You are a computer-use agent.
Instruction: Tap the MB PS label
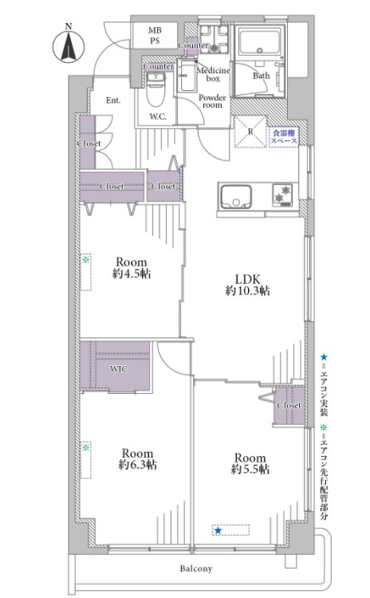[155, 35]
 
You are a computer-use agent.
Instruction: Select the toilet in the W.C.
[155, 91]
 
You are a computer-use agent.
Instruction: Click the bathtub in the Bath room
[260, 41]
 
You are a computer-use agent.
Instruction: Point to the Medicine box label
[213, 74]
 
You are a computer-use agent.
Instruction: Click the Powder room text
[212, 101]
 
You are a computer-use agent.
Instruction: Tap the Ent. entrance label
[113, 100]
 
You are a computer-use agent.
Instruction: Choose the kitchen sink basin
[236, 196]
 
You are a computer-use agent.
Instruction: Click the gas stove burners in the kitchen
[282, 194]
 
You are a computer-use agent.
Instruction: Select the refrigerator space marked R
[250, 132]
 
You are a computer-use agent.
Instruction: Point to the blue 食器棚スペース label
[284, 137]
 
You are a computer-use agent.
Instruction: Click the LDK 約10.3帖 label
[247, 285]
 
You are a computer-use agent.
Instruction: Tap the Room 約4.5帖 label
[132, 268]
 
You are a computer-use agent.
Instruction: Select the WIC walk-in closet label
[119, 369]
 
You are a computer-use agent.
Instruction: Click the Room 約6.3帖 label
[137, 458]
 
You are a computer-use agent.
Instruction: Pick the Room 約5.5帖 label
[250, 463]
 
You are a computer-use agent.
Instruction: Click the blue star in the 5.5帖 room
[218, 530]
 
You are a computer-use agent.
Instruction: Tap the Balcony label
[195, 568]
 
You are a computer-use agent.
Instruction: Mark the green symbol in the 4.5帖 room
[86, 260]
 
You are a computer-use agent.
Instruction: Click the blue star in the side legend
[324, 357]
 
